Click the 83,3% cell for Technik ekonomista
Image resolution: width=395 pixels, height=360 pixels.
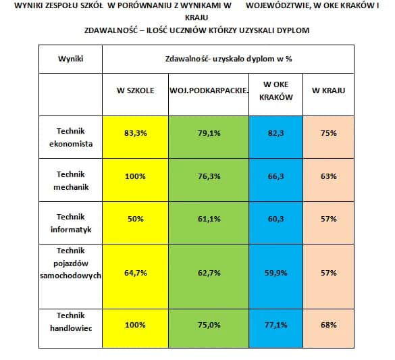[135, 133]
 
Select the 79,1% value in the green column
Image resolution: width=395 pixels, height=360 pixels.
[209, 133]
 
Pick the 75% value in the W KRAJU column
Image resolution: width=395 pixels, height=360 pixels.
[329, 133]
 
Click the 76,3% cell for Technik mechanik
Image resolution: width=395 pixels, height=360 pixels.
[209, 176]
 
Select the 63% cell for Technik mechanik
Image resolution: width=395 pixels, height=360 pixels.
[329, 176]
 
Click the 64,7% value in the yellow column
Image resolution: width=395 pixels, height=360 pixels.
[135, 273]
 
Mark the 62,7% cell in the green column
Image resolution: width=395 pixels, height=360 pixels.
[209, 273]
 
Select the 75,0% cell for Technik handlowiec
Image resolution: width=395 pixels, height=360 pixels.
[209, 325]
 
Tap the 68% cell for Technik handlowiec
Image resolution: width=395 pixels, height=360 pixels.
[329, 325]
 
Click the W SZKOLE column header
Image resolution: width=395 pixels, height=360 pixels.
[135, 91]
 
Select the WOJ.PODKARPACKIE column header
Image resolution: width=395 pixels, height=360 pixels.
[208, 91]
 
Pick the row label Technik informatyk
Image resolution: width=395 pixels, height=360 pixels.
[70, 223]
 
